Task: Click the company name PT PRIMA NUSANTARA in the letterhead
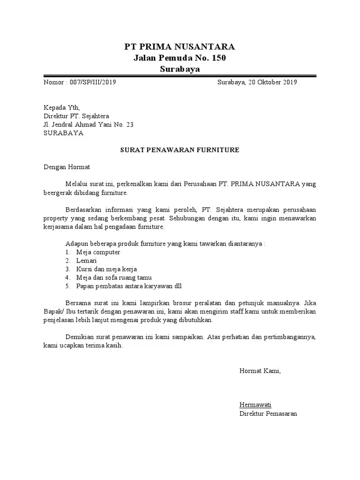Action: click(180, 46)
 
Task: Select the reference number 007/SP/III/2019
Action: click(93, 82)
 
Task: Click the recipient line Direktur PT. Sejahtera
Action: click(77, 116)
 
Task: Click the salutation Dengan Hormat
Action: click(67, 166)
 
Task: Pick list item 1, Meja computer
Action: click(98, 252)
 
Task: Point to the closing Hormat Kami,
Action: click(260, 371)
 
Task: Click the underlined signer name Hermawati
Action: click(255, 405)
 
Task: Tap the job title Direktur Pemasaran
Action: click(268, 413)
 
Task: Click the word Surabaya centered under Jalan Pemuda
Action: click(180, 69)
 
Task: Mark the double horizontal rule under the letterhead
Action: click(180, 75)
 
